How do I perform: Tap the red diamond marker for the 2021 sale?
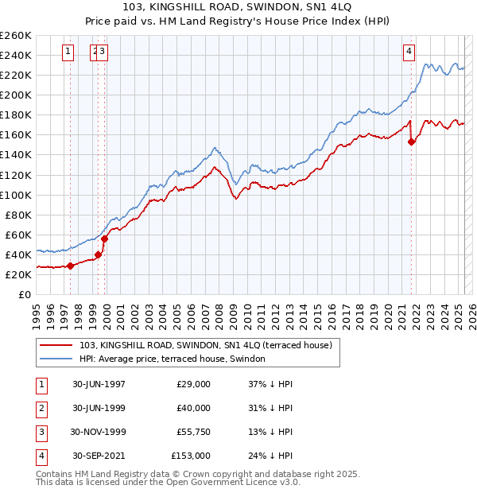[x=411, y=142]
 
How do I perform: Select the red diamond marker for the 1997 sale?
[x=71, y=266]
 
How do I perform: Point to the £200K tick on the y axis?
[x=16, y=95]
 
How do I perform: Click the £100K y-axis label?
[x=16, y=195]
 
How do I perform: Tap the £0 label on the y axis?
[x=25, y=294]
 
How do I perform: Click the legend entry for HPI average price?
[x=172, y=359]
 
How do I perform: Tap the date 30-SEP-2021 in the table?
[x=99, y=456]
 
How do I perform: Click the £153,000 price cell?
[x=191, y=456]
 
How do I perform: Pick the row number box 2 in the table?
[x=40, y=409]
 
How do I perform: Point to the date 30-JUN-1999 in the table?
[x=99, y=409]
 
